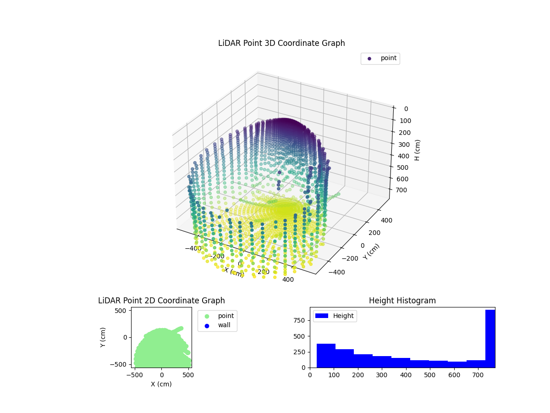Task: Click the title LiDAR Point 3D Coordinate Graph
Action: (x=281, y=43)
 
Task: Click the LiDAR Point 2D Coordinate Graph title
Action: (x=161, y=301)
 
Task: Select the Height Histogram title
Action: (x=402, y=301)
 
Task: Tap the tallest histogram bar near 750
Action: (x=490, y=339)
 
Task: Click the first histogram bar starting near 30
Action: (x=326, y=356)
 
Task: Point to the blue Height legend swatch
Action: (x=322, y=316)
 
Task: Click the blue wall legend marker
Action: (x=207, y=326)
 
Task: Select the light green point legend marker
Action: (x=207, y=316)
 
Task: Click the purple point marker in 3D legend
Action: (x=369, y=58)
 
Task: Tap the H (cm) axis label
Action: (x=417, y=150)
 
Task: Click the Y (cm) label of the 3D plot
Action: (x=371, y=251)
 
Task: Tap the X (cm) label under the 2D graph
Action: (x=161, y=384)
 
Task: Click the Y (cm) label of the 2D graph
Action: (x=104, y=337)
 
